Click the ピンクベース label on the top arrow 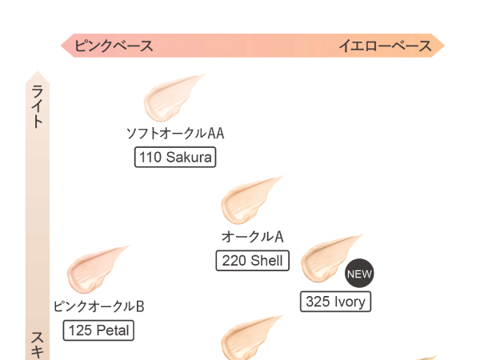click(114, 46)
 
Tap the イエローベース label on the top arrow click(385, 46)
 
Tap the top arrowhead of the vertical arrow click(38, 76)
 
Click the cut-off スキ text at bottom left click(38, 346)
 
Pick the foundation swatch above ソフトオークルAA click(171, 97)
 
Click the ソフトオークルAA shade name click(175, 134)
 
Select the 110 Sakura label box click(175, 157)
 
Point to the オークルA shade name click(253, 237)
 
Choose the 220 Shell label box click(253, 261)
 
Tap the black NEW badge click(359, 274)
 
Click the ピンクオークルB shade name click(98, 306)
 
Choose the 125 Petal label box click(98, 330)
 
